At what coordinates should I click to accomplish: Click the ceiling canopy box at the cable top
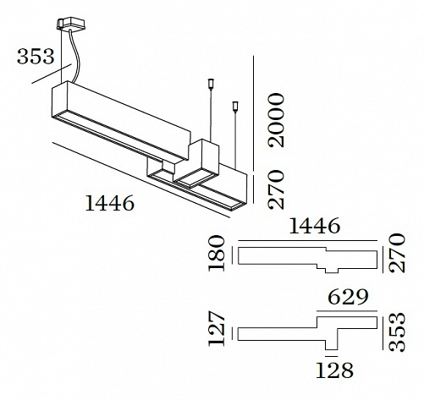point(70,24)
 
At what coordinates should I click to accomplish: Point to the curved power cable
point(75,57)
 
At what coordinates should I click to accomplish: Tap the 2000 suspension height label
point(276,120)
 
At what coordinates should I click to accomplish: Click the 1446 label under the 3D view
point(109,203)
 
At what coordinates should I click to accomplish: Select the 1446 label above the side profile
point(315,226)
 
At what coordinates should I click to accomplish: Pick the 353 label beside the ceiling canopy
point(36,57)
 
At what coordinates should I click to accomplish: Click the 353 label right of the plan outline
point(397,332)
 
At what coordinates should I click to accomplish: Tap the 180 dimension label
point(217,254)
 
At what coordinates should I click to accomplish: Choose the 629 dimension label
point(348,297)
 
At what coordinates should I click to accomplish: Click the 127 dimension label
point(217,328)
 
